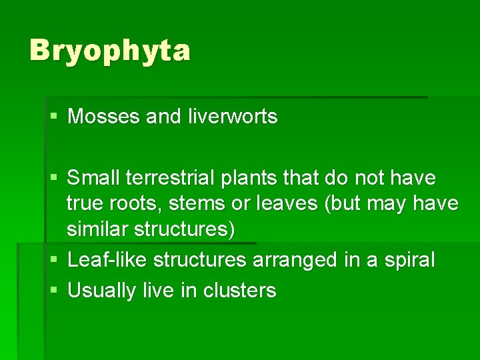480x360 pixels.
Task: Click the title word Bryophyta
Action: click(x=110, y=51)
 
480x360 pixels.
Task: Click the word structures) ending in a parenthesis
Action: click(x=185, y=229)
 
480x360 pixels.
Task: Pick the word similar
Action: click(x=98, y=229)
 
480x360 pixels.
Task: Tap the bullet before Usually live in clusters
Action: click(x=54, y=291)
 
